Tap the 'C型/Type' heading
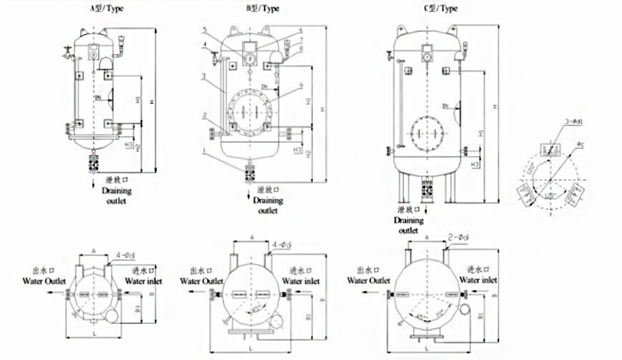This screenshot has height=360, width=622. coord(441,9)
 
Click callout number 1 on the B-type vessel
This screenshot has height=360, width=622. coord(206,150)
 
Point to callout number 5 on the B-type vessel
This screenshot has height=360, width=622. coord(206,30)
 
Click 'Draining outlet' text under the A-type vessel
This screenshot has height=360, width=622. coord(116,196)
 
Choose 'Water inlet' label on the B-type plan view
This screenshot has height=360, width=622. coord(304,281)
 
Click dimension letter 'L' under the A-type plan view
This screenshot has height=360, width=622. coord(95,333)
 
